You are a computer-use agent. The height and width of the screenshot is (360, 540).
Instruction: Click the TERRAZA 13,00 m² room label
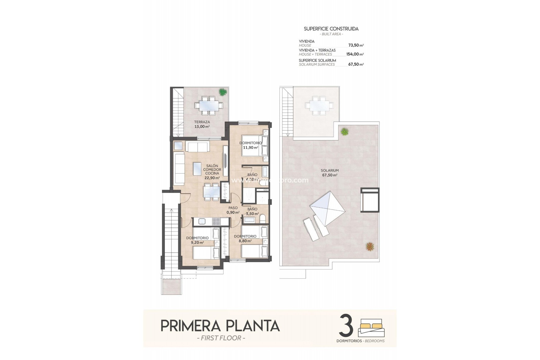click(x=202, y=124)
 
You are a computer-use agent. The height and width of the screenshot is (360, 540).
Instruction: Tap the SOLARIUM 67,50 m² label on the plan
click(x=330, y=173)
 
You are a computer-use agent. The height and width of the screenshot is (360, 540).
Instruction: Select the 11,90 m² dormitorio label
click(x=250, y=145)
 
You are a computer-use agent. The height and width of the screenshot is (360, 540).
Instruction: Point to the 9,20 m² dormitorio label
click(x=197, y=240)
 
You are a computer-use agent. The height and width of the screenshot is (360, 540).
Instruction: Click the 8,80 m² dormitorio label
click(x=245, y=238)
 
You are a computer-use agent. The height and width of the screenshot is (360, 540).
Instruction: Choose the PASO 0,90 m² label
click(x=233, y=210)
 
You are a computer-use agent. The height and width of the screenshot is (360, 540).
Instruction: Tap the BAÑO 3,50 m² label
click(x=252, y=211)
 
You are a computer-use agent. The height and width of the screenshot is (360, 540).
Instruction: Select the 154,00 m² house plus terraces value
click(x=355, y=54)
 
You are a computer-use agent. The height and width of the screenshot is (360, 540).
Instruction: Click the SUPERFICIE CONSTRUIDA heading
click(x=331, y=29)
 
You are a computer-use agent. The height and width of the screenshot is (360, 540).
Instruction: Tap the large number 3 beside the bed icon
click(x=346, y=326)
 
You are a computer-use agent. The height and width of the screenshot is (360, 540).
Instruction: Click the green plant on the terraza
click(x=222, y=92)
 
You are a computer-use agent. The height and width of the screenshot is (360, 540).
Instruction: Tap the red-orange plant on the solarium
click(x=370, y=246)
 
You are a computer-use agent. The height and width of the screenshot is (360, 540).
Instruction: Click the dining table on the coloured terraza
click(x=208, y=106)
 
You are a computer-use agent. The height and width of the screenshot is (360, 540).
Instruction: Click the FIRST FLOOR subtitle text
click(x=221, y=338)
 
